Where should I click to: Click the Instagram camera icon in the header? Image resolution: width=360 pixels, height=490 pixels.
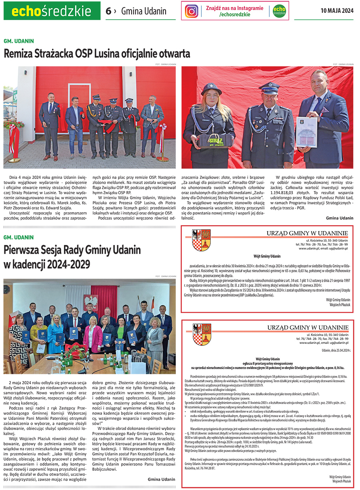192,11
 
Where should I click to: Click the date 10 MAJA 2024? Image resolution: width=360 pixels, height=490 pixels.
337,11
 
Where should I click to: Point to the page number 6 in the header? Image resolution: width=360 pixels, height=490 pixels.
108,11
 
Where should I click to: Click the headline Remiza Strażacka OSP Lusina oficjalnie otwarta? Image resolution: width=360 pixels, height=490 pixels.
97,53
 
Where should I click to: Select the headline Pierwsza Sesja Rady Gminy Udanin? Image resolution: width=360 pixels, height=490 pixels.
72,250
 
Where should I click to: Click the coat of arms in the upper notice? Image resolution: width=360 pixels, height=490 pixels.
202,241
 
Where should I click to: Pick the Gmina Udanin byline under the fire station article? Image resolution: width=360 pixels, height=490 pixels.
340,218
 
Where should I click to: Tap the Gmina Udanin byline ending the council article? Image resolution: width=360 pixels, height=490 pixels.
161,479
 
